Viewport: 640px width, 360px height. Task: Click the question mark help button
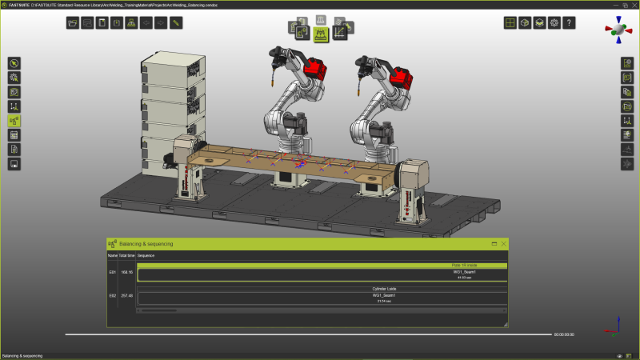(569, 23)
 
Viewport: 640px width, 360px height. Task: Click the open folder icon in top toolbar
(73, 22)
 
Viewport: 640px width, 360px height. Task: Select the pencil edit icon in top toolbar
(176, 22)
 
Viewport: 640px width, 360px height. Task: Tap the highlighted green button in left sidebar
(14, 121)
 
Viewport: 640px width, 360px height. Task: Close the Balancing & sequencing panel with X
(504, 243)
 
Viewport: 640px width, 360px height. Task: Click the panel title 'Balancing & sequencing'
(146, 243)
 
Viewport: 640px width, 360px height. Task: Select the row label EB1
(112, 273)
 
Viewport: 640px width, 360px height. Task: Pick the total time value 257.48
(126, 296)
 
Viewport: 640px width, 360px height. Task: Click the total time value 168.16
(126, 273)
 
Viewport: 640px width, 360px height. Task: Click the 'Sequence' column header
(146, 255)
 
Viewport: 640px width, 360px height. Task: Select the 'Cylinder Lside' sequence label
(385, 289)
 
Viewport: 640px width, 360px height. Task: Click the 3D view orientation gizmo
(618, 30)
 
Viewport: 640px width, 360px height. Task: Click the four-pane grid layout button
(510, 23)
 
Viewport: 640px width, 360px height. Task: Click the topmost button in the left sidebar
(14, 63)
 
